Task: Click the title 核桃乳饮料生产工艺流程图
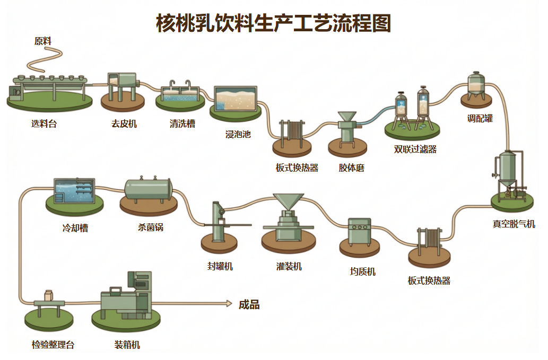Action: [x=274, y=23]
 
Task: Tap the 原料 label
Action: [x=43, y=41]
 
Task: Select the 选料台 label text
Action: [x=44, y=124]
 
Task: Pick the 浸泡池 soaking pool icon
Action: [x=235, y=99]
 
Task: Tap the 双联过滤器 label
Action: [x=415, y=149]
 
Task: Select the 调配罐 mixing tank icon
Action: [x=476, y=85]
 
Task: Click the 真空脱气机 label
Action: [x=514, y=224]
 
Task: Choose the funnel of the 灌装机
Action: [x=289, y=201]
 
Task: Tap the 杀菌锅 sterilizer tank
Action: [x=148, y=190]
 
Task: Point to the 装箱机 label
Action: [x=127, y=345]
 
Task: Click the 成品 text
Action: [x=249, y=304]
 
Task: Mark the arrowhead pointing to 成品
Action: [x=229, y=303]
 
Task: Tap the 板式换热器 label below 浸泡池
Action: [x=297, y=168]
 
